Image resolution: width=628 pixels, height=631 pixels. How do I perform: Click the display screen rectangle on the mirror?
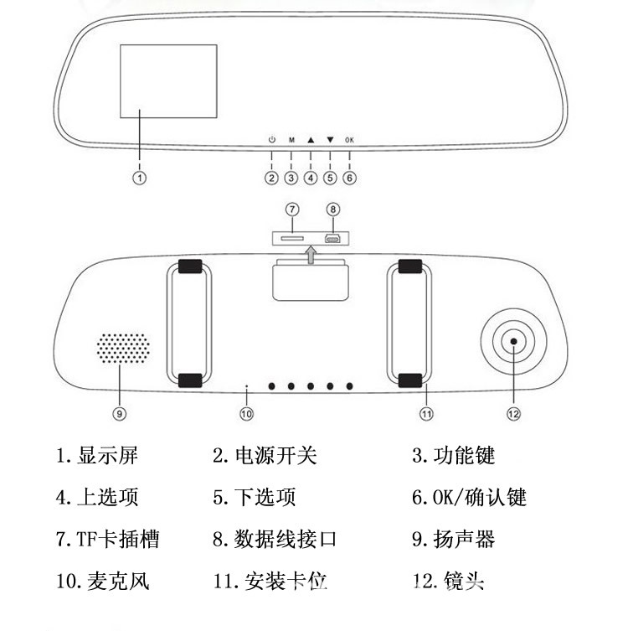(x=168, y=80)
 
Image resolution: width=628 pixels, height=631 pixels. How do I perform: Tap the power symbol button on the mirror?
(x=271, y=141)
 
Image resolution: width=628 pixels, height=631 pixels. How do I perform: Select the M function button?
(x=291, y=141)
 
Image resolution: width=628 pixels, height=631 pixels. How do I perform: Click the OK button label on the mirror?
(x=349, y=141)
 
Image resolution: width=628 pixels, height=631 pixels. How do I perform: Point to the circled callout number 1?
(x=141, y=178)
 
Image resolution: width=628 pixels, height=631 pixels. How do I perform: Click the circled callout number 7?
(x=292, y=209)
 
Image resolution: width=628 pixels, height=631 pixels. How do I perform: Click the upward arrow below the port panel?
(x=311, y=255)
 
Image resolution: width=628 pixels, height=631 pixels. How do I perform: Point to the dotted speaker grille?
(x=121, y=349)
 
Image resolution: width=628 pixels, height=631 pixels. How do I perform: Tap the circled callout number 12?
(x=513, y=413)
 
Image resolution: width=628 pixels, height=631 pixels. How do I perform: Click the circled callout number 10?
(x=246, y=413)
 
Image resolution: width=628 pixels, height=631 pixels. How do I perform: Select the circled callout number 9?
(x=119, y=413)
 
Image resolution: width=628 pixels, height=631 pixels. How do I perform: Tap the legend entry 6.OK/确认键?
(x=468, y=497)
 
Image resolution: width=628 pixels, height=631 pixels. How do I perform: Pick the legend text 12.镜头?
(x=449, y=580)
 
